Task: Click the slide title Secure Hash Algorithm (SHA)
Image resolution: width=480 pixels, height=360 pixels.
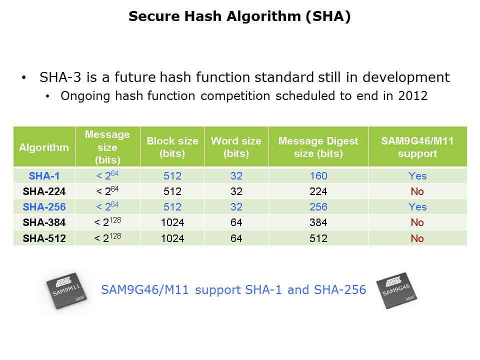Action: [x=239, y=16]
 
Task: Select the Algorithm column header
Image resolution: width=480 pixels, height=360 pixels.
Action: [x=44, y=147]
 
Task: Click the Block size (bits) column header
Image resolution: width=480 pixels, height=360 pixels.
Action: [x=172, y=147]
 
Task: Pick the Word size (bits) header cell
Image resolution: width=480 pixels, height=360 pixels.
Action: [x=236, y=147]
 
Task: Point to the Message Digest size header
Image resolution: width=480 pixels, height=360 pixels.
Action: [x=318, y=147]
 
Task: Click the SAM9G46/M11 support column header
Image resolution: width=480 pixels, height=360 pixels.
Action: [x=417, y=147]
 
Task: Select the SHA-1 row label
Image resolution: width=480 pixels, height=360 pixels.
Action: [x=44, y=175]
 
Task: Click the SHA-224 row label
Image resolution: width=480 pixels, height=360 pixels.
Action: [x=44, y=191]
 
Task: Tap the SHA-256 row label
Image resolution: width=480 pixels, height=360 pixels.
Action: [x=44, y=207]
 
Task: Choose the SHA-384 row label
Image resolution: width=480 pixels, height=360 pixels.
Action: [x=44, y=222]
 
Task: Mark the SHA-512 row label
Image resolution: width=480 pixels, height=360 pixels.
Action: [x=44, y=238]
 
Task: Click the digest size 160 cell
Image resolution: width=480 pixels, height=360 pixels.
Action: [x=318, y=175]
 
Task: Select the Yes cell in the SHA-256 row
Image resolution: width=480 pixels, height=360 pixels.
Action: [x=417, y=207]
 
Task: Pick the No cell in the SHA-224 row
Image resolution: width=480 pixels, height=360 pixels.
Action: [x=417, y=191]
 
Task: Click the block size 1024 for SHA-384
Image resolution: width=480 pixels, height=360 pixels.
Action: [x=172, y=222]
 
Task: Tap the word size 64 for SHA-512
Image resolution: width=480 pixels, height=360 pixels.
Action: [x=236, y=238]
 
